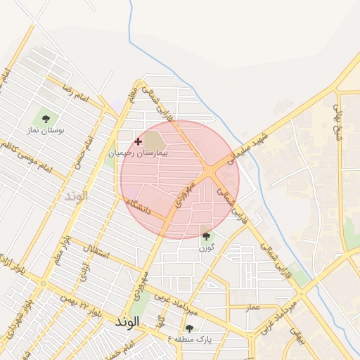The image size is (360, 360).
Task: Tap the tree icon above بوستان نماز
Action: [x=46, y=119]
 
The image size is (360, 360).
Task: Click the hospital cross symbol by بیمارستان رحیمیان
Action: [x=138, y=141]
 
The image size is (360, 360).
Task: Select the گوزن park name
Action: [x=206, y=247]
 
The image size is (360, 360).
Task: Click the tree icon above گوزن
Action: [x=206, y=236]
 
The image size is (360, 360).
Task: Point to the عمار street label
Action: [x=253, y=307]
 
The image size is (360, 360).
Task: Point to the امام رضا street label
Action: [x=73, y=92]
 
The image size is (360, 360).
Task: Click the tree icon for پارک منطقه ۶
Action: [x=188, y=328]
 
